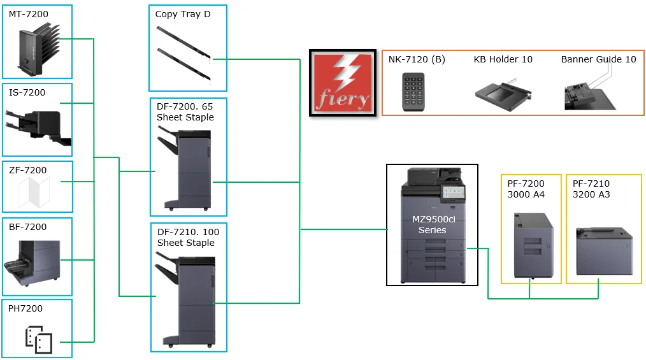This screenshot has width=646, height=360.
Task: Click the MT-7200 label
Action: point(29,14)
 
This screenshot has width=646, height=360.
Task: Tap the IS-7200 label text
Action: point(27,92)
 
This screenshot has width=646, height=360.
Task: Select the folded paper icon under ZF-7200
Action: point(34,192)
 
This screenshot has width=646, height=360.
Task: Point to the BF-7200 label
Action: point(27,227)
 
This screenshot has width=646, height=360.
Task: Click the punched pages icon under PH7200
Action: point(39,340)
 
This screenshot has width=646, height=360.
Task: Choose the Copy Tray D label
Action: point(183,14)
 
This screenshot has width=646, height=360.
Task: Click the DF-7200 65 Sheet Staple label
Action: point(185,112)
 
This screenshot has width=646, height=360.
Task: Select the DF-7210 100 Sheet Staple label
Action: point(188,237)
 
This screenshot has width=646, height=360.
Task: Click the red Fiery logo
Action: point(343,83)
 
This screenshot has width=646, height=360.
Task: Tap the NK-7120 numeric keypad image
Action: point(413,92)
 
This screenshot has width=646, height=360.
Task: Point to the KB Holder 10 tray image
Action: point(503,95)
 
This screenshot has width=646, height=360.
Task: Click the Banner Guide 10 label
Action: point(599,59)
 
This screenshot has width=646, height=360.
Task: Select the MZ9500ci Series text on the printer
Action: point(433,224)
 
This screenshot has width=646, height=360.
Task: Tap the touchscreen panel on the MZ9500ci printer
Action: point(453,193)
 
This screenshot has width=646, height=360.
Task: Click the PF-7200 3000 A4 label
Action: point(526,189)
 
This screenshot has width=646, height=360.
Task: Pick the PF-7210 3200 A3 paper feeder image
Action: point(604,251)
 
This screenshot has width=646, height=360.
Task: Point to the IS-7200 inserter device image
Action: point(38,127)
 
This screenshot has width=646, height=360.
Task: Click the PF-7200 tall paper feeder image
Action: point(533,245)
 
